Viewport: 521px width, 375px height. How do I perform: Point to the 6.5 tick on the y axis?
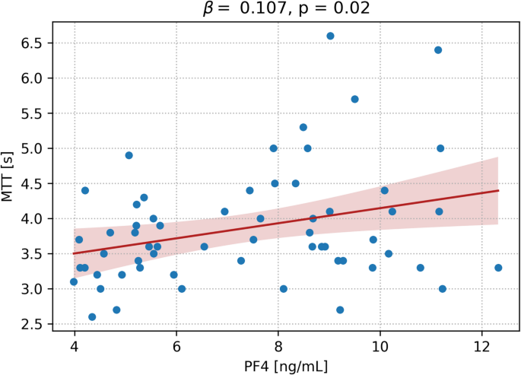click(x=33, y=43)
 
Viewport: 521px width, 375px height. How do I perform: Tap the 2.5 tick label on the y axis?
click(x=33, y=324)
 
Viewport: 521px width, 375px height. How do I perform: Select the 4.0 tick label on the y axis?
click(x=33, y=219)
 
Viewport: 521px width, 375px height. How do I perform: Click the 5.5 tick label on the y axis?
click(x=33, y=113)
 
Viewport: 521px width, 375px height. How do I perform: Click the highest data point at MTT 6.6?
click(x=330, y=36)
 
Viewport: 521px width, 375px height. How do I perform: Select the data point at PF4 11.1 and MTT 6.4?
click(x=438, y=50)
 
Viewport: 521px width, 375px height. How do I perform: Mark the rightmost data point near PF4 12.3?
click(x=498, y=268)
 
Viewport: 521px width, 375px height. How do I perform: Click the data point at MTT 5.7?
click(x=354, y=99)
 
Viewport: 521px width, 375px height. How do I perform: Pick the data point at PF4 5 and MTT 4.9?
click(x=129, y=155)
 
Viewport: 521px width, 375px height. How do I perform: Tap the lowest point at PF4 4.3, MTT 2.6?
click(x=92, y=316)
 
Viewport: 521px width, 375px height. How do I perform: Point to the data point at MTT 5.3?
click(x=303, y=127)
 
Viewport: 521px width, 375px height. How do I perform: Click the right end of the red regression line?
click(x=498, y=190)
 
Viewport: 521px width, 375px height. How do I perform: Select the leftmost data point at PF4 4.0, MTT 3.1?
click(x=74, y=281)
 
